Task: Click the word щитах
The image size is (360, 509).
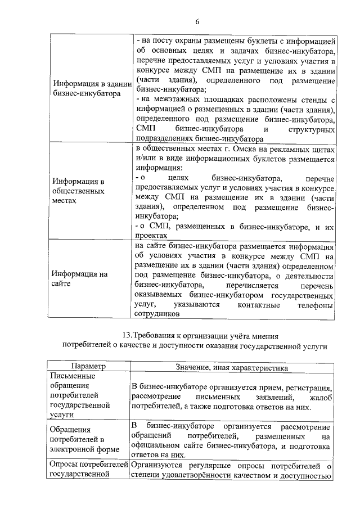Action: point(322,149)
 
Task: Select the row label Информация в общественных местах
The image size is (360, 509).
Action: point(78,191)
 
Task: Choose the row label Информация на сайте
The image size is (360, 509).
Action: point(79,280)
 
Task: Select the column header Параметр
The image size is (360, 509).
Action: point(89,367)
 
